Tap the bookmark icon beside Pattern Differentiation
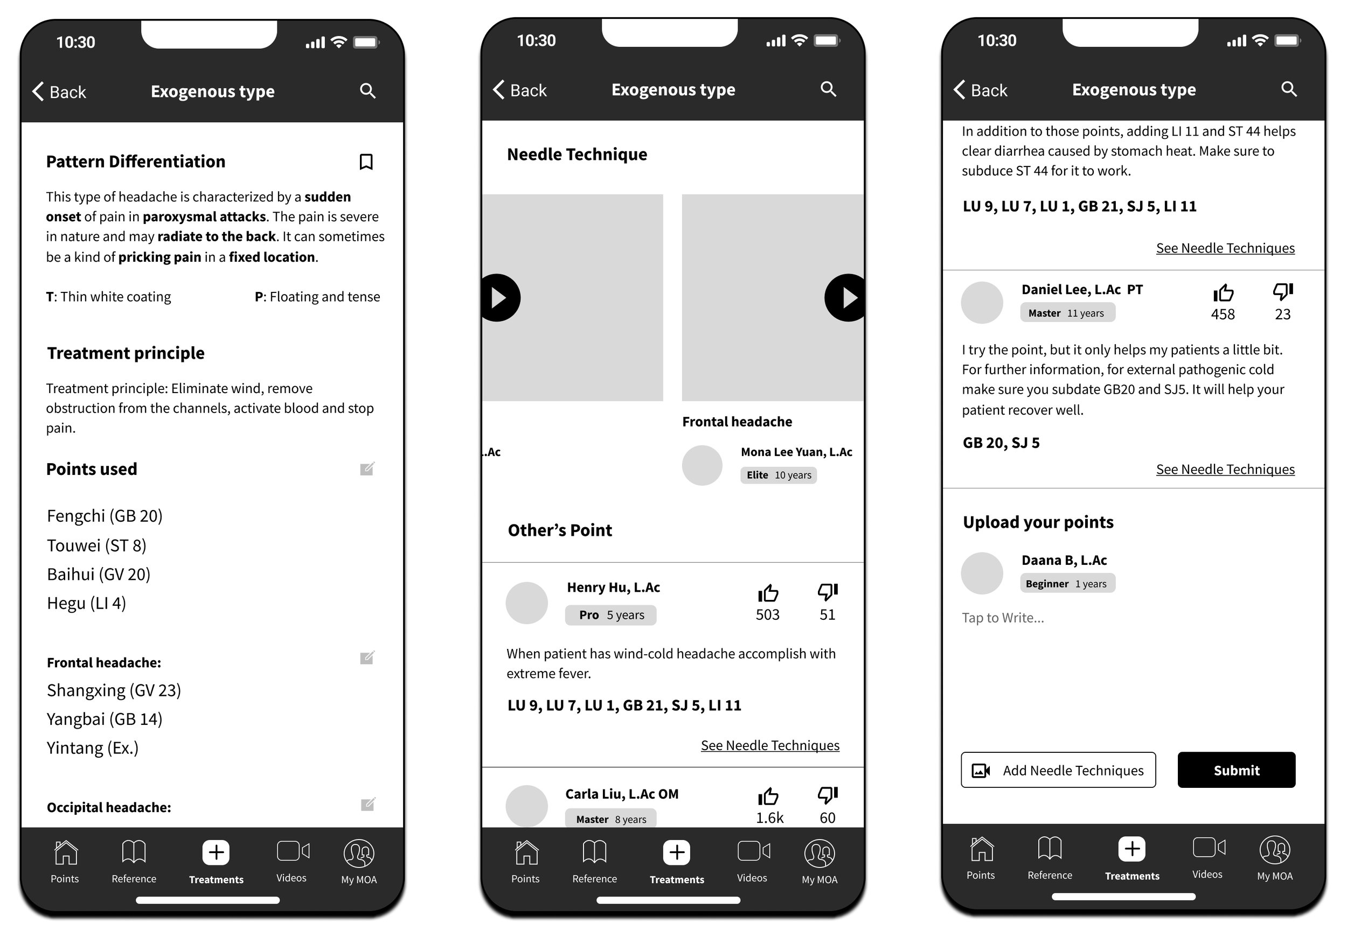(366, 162)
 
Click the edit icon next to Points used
(367, 469)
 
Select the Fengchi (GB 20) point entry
(105, 516)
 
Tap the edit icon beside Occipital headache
(368, 804)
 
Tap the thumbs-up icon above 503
(768, 593)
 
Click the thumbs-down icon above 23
(1283, 291)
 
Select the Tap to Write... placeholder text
(1003, 618)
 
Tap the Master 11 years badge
(1067, 312)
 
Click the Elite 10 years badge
(779, 475)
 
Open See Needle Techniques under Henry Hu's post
(770, 745)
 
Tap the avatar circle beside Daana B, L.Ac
(982, 573)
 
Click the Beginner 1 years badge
(1067, 583)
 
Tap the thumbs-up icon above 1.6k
(768, 796)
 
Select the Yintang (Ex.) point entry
(93, 747)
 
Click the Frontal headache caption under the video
(737, 421)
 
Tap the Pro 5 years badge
(611, 615)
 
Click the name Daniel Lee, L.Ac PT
(1082, 290)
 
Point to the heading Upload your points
(1038, 522)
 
